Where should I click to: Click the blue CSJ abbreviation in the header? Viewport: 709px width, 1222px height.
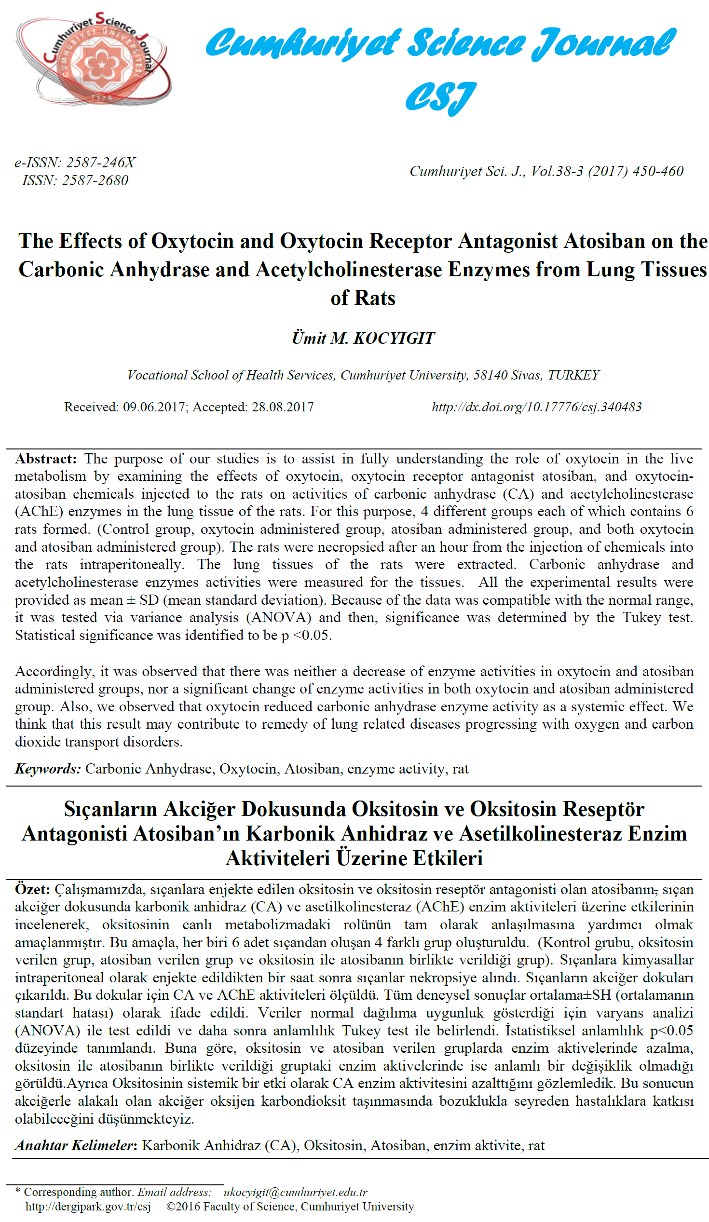coord(440,97)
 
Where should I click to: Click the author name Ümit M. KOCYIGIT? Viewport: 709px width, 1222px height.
coord(363,338)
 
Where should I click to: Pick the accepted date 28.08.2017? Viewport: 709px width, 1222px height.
coord(283,407)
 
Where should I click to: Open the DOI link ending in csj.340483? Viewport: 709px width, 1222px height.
coord(536,407)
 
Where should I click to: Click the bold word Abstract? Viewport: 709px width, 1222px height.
coord(46,459)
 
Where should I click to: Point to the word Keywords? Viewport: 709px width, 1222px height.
coord(48,769)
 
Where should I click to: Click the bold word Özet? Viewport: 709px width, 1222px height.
coord(32,889)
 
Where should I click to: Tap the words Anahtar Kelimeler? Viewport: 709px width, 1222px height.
coord(74,1145)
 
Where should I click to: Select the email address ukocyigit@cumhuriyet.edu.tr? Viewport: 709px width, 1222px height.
coord(295,1192)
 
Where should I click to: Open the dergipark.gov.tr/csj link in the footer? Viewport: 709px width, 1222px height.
coord(88,1206)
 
